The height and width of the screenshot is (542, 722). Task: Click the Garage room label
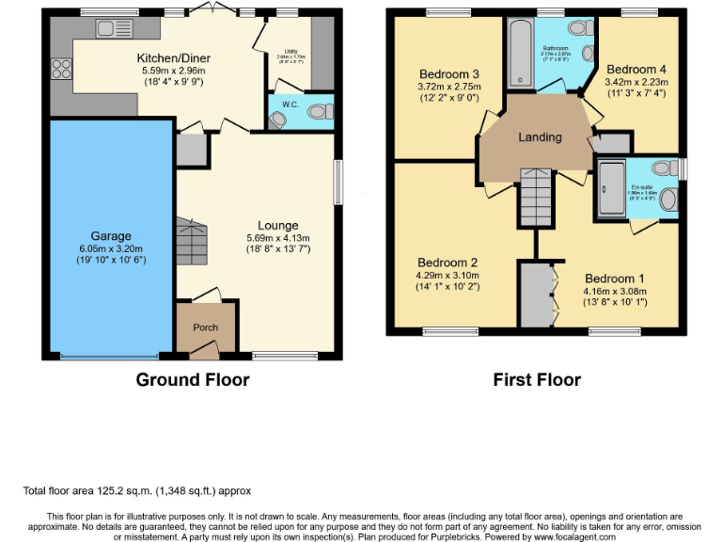click(x=111, y=236)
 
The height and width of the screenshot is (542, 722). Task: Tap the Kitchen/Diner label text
click(x=174, y=58)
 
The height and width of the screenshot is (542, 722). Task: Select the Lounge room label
click(x=278, y=226)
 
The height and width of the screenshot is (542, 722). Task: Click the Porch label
click(x=205, y=327)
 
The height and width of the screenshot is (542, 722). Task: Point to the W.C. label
click(x=290, y=104)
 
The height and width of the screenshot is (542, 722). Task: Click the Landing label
click(x=540, y=137)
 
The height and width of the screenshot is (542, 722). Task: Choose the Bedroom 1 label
click(x=615, y=279)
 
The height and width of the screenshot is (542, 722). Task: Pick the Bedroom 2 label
click(x=447, y=263)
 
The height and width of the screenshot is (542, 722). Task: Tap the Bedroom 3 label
click(x=448, y=74)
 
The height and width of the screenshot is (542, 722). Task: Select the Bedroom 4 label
click(x=636, y=70)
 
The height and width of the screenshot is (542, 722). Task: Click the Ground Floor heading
click(x=193, y=380)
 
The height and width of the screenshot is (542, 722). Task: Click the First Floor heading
click(x=537, y=380)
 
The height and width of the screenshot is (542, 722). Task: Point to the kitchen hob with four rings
click(x=61, y=67)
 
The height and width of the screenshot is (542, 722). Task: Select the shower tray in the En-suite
click(x=606, y=189)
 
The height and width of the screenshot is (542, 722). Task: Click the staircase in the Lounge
click(x=191, y=241)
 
